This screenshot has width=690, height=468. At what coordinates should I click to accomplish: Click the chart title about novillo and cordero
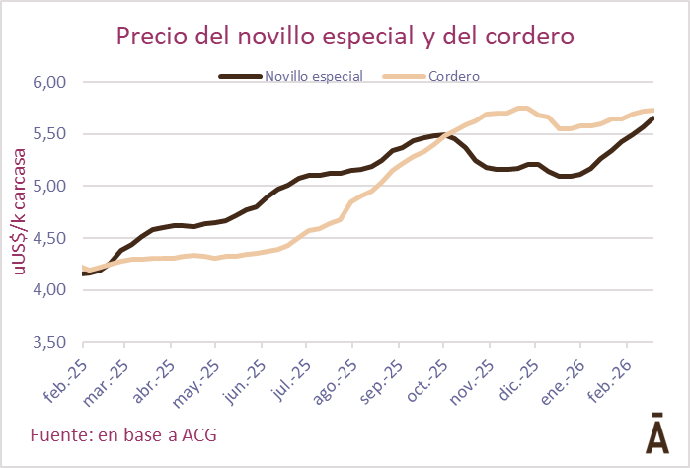[345, 37]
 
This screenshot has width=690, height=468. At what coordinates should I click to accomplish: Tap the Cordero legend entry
[455, 75]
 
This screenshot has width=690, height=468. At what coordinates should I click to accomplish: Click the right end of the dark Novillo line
[652, 118]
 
